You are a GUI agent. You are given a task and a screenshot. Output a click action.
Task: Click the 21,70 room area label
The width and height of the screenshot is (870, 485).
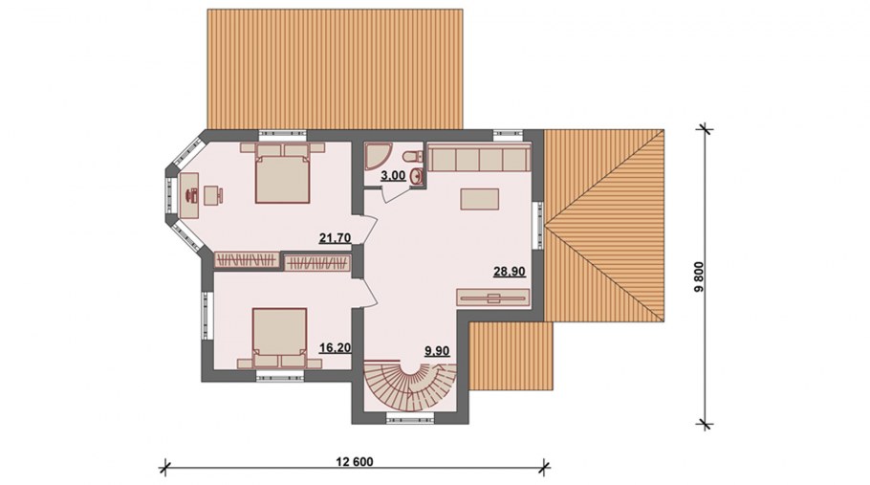[336, 238]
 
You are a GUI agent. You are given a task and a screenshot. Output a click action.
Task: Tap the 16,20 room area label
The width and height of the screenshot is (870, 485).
[336, 348]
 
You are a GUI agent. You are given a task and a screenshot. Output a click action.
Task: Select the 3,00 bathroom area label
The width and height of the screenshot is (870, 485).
[393, 176]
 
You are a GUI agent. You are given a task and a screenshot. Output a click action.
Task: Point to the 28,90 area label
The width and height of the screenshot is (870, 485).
[510, 272]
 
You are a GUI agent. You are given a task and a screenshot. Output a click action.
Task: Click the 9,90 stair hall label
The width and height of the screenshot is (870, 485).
[437, 350]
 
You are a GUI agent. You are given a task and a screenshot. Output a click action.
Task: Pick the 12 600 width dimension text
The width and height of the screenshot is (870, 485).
[355, 462]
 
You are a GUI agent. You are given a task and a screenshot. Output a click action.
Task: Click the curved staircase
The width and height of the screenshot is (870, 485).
[410, 386]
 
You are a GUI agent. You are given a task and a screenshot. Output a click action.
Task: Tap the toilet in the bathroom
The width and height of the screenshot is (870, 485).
[411, 157]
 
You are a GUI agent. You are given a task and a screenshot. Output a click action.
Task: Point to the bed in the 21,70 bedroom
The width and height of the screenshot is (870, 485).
[282, 173]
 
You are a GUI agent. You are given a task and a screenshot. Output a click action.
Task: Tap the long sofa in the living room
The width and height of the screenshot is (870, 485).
[478, 157]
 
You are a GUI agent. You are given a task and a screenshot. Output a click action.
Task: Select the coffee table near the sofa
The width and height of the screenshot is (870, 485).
[479, 199]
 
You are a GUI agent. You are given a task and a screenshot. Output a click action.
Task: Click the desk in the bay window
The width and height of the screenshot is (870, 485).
[189, 195]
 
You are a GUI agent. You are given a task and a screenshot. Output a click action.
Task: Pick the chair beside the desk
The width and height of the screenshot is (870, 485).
[212, 195]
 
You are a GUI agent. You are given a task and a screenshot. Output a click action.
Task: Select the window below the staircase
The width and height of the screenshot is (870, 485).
[409, 416]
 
